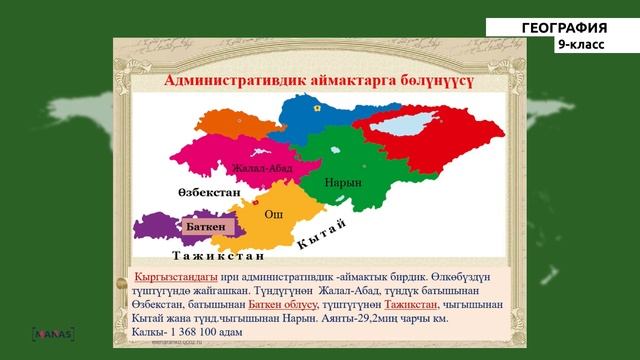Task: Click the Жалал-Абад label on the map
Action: click(261, 168)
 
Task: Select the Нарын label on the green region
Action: click(343, 183)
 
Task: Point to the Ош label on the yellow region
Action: click(272, 214)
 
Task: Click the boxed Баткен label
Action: click(206, 227)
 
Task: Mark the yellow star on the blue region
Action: click(317, 105)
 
